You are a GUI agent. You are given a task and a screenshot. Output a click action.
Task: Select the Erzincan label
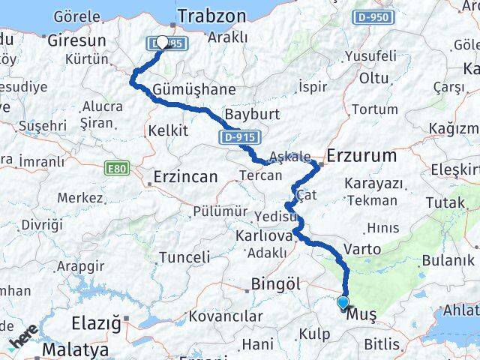184,177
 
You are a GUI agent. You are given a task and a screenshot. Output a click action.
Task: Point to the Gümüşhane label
183,89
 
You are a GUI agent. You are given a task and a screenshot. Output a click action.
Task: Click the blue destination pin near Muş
343,303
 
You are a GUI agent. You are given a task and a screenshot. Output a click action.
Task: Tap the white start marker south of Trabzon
162,43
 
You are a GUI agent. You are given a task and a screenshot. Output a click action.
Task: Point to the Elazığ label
95,324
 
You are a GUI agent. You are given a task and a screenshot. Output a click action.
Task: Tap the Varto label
362,248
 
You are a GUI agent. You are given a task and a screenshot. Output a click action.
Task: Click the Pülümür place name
220,212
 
